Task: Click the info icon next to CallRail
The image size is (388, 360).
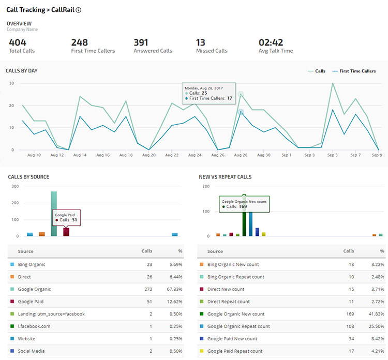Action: pyautogui.click(x=78, y=10)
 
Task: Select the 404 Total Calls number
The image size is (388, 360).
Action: pyautogui.click(x=18, y=42)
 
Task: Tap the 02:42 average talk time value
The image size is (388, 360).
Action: pyautogui.click(x=271, y=42)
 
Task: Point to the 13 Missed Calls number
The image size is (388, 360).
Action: pyautogui.click(x=201, y=42)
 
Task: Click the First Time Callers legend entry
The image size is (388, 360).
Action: pyautogui.click(x=354, y=71)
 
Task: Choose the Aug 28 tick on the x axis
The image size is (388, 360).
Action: pyautogui.click(x=241, y=155)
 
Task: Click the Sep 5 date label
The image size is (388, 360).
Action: pyautogui.click(x=332, y=155)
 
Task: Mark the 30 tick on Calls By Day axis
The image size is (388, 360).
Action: pyautogui.click(x=11, y=83)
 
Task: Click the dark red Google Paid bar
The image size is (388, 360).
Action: pyautogui.click(x=66, y=232)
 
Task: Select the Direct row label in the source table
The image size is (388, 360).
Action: pyautogui.click(x=24, y=277)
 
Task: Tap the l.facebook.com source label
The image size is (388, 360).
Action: pyautogui.click(x=35, y=326)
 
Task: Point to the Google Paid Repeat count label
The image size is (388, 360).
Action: pyautogui.click(x=235, y=351)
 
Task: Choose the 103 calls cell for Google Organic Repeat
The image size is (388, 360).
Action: pyautogui.click(x=349, y=326)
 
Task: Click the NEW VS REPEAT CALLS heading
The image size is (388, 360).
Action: pyautogui.click(x=225, y=177)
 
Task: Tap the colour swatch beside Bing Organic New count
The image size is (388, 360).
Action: pyautogui.click(x=202, y=265)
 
